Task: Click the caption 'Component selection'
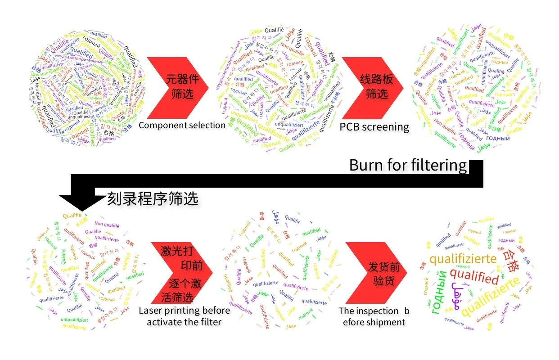pos(182,125)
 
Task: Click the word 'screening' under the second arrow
pos(385,127)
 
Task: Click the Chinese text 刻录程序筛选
pos(153,199)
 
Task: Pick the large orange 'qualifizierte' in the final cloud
pos(463,259)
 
